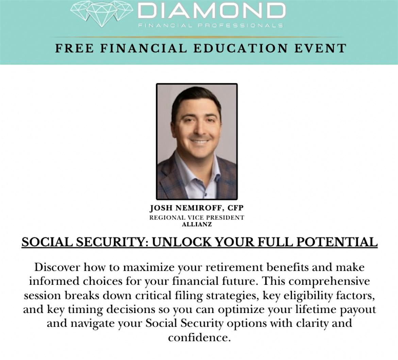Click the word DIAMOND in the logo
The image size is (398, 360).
[212, 11]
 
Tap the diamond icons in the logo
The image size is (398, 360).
[102, 14]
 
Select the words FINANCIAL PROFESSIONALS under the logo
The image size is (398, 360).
[211, 26]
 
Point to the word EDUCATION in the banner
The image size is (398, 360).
[241, 49]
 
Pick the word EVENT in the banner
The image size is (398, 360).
[320, 49]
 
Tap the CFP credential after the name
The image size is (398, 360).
[235, 208]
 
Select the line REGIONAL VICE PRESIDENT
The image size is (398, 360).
[197, 218]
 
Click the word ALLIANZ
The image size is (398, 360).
[197, 225]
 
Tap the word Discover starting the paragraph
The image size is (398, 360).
[57, 267]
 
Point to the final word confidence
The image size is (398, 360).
[199, 338]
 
